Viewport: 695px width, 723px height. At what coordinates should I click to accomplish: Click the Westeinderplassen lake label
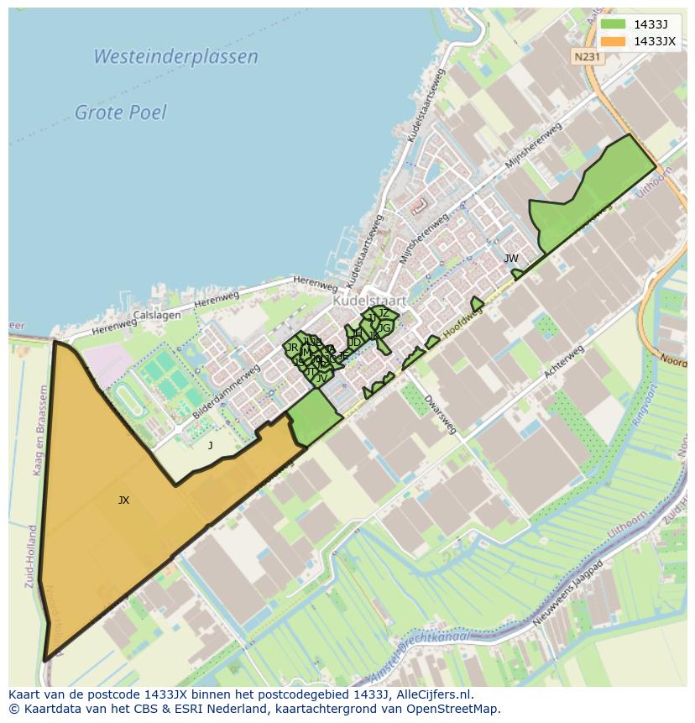[175, 57]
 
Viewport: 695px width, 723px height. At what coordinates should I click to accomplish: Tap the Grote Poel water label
[121, 113]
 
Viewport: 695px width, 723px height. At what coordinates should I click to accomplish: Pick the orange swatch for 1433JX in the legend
[613, 41]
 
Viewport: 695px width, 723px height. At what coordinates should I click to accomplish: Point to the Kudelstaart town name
[369, 300]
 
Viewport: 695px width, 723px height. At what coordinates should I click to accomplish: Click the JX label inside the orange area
[123, 500]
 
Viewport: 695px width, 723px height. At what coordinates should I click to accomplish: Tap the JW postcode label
[510, 259]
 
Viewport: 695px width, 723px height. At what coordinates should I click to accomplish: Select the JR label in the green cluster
[292, 348]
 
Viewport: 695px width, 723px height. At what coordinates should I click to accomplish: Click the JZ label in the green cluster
[384, 313]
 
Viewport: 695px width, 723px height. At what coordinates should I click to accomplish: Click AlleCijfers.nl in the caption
[434, 694]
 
